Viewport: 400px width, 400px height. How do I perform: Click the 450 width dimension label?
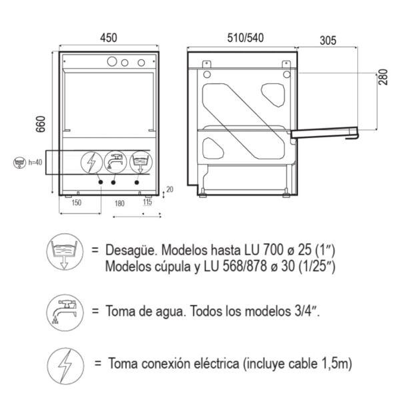click(x=109, y=38)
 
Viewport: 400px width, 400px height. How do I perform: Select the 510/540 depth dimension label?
click(x=241, y=38)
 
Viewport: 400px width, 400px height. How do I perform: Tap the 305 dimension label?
click(x=327, y=40)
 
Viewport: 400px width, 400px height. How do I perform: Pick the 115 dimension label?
click(x=148, y=202)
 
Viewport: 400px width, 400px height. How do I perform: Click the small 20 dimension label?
click(x=169, y=189)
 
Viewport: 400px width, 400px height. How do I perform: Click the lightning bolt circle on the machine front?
click(x=91, y=161)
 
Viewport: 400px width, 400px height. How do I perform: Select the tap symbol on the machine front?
click(x=115, y=161)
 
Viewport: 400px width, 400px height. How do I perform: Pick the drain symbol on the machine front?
click(x=140, y=161)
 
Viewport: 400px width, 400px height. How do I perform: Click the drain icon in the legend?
click(x=64, y=255)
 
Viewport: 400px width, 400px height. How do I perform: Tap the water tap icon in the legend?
click(x=64, y=310)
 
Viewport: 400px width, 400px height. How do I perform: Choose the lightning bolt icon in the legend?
click(x=64, y=364)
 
